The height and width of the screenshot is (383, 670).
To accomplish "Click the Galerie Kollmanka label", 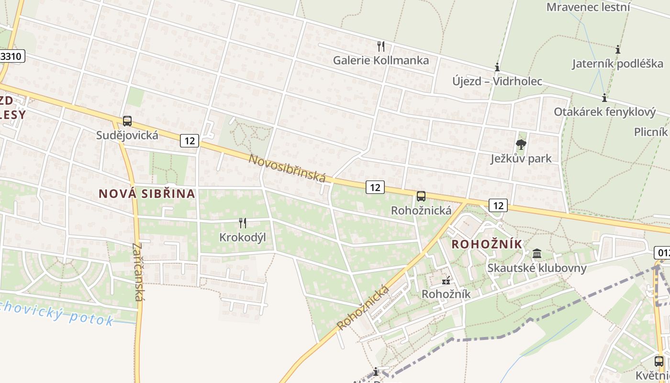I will coord(381,60).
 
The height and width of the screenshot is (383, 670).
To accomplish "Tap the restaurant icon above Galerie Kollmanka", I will coord(381,46).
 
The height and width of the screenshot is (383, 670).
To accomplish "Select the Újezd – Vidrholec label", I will coord(497,81).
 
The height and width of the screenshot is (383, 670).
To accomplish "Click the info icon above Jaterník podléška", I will coord(618,49).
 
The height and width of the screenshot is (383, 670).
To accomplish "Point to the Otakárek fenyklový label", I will coord(604,112).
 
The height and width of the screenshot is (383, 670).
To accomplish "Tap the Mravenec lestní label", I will coord(588,7).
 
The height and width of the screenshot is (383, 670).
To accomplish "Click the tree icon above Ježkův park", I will coord(521,144).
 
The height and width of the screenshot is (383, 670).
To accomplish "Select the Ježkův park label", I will coord(521,158).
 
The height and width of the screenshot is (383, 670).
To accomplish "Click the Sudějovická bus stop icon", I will coord(127,121).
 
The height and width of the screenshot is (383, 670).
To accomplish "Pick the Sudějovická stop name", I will coord(127,135).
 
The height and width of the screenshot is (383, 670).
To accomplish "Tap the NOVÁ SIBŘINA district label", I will coord(147,193).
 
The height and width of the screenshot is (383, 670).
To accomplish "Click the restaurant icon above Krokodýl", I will coord(243,223).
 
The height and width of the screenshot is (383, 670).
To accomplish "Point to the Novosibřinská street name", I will coord(287,168).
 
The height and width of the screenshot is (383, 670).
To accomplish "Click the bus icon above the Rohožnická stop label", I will coord(421,196).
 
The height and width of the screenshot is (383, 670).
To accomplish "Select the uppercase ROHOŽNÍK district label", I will coord(487,244).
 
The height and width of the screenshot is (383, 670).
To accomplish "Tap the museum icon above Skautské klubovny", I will coord(537,253).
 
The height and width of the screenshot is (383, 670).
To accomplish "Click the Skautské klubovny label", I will coord(537,268).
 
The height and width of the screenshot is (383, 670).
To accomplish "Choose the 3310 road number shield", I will coord(11,56).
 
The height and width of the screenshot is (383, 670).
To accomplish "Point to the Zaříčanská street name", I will coord(137,272).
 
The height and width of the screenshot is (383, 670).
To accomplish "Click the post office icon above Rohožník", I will coord(446,281).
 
